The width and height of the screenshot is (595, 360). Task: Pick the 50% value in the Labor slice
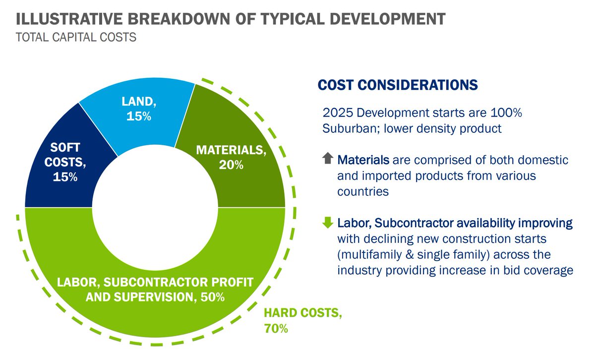coord(213,298)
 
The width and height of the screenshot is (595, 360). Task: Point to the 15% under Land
coord(139,117)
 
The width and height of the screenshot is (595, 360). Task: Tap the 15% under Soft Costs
coord(65,176)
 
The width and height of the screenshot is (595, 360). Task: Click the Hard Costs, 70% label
coord(302,320)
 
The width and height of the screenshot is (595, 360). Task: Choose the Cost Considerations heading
coord(398,85)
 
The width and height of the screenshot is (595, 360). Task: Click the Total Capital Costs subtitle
coord(76,37)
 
